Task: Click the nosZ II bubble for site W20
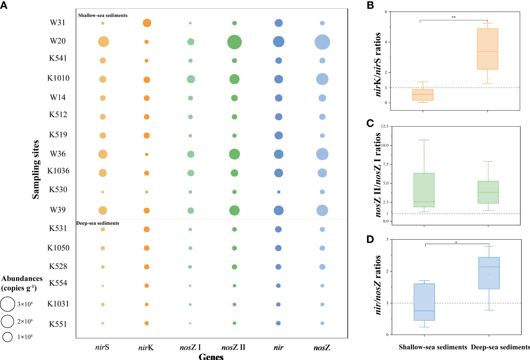tap(234, 42)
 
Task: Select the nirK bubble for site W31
tap(147, 23)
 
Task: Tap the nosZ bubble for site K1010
tap(322, 79)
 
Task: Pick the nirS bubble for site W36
tap(103, 154)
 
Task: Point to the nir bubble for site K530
tap(279, 192)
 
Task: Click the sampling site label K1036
tap(58, 171)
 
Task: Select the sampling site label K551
tap(58, 324)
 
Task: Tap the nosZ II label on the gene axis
tap(233, 348)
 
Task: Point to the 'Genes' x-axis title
tap(211, 356)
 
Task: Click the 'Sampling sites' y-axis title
tap(36, 169)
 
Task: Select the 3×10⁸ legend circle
tap(7, 304)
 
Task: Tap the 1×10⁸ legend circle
tap(7, 337)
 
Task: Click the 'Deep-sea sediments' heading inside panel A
tap(98, 223)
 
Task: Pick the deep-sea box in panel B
tap(487, 49)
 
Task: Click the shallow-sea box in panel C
tap(424, 190)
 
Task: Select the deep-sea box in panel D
tap(489, 273)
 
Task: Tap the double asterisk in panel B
tap(453, 17)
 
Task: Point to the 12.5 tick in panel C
tap(384, 126)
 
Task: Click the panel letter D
tap(370, 239)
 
